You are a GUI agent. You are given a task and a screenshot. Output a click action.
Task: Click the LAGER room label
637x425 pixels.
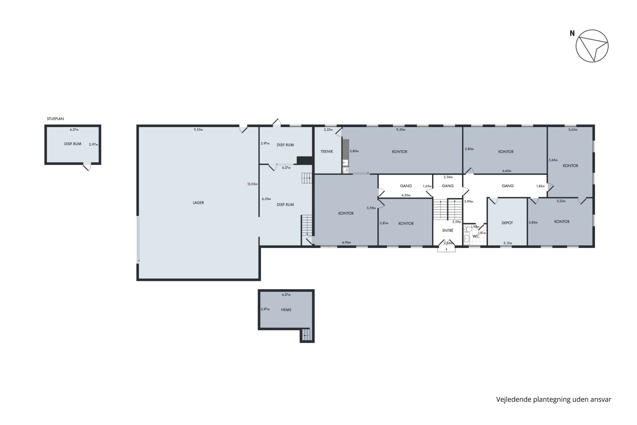198,203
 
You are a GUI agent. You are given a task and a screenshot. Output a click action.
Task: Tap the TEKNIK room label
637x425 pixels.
326,152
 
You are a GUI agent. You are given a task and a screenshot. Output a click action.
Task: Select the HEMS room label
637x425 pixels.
286,310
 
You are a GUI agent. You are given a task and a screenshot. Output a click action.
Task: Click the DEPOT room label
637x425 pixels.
507,223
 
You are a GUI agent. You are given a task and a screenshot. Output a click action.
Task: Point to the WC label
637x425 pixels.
476,236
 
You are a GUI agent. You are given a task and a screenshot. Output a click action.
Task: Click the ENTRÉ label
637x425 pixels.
447,230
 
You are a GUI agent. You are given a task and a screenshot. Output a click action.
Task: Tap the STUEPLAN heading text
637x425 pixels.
55,119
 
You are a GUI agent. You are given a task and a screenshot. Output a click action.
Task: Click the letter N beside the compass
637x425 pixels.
572,33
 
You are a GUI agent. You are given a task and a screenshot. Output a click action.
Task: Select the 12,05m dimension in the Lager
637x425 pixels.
252,184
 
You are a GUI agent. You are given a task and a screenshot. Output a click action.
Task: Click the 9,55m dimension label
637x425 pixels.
198,129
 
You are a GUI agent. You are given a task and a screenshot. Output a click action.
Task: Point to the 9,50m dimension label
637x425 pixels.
401,129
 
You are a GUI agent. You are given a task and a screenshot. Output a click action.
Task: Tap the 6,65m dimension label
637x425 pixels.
507,171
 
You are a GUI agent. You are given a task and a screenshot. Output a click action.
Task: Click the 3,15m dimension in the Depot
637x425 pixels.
508,243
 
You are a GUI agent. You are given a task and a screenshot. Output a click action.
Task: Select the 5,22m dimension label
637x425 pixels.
561,201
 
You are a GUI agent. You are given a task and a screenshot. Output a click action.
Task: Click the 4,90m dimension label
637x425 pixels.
346,242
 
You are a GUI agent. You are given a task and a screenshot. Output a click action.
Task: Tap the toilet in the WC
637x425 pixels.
468,229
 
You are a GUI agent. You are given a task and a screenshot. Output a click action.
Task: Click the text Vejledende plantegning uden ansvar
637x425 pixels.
554,400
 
